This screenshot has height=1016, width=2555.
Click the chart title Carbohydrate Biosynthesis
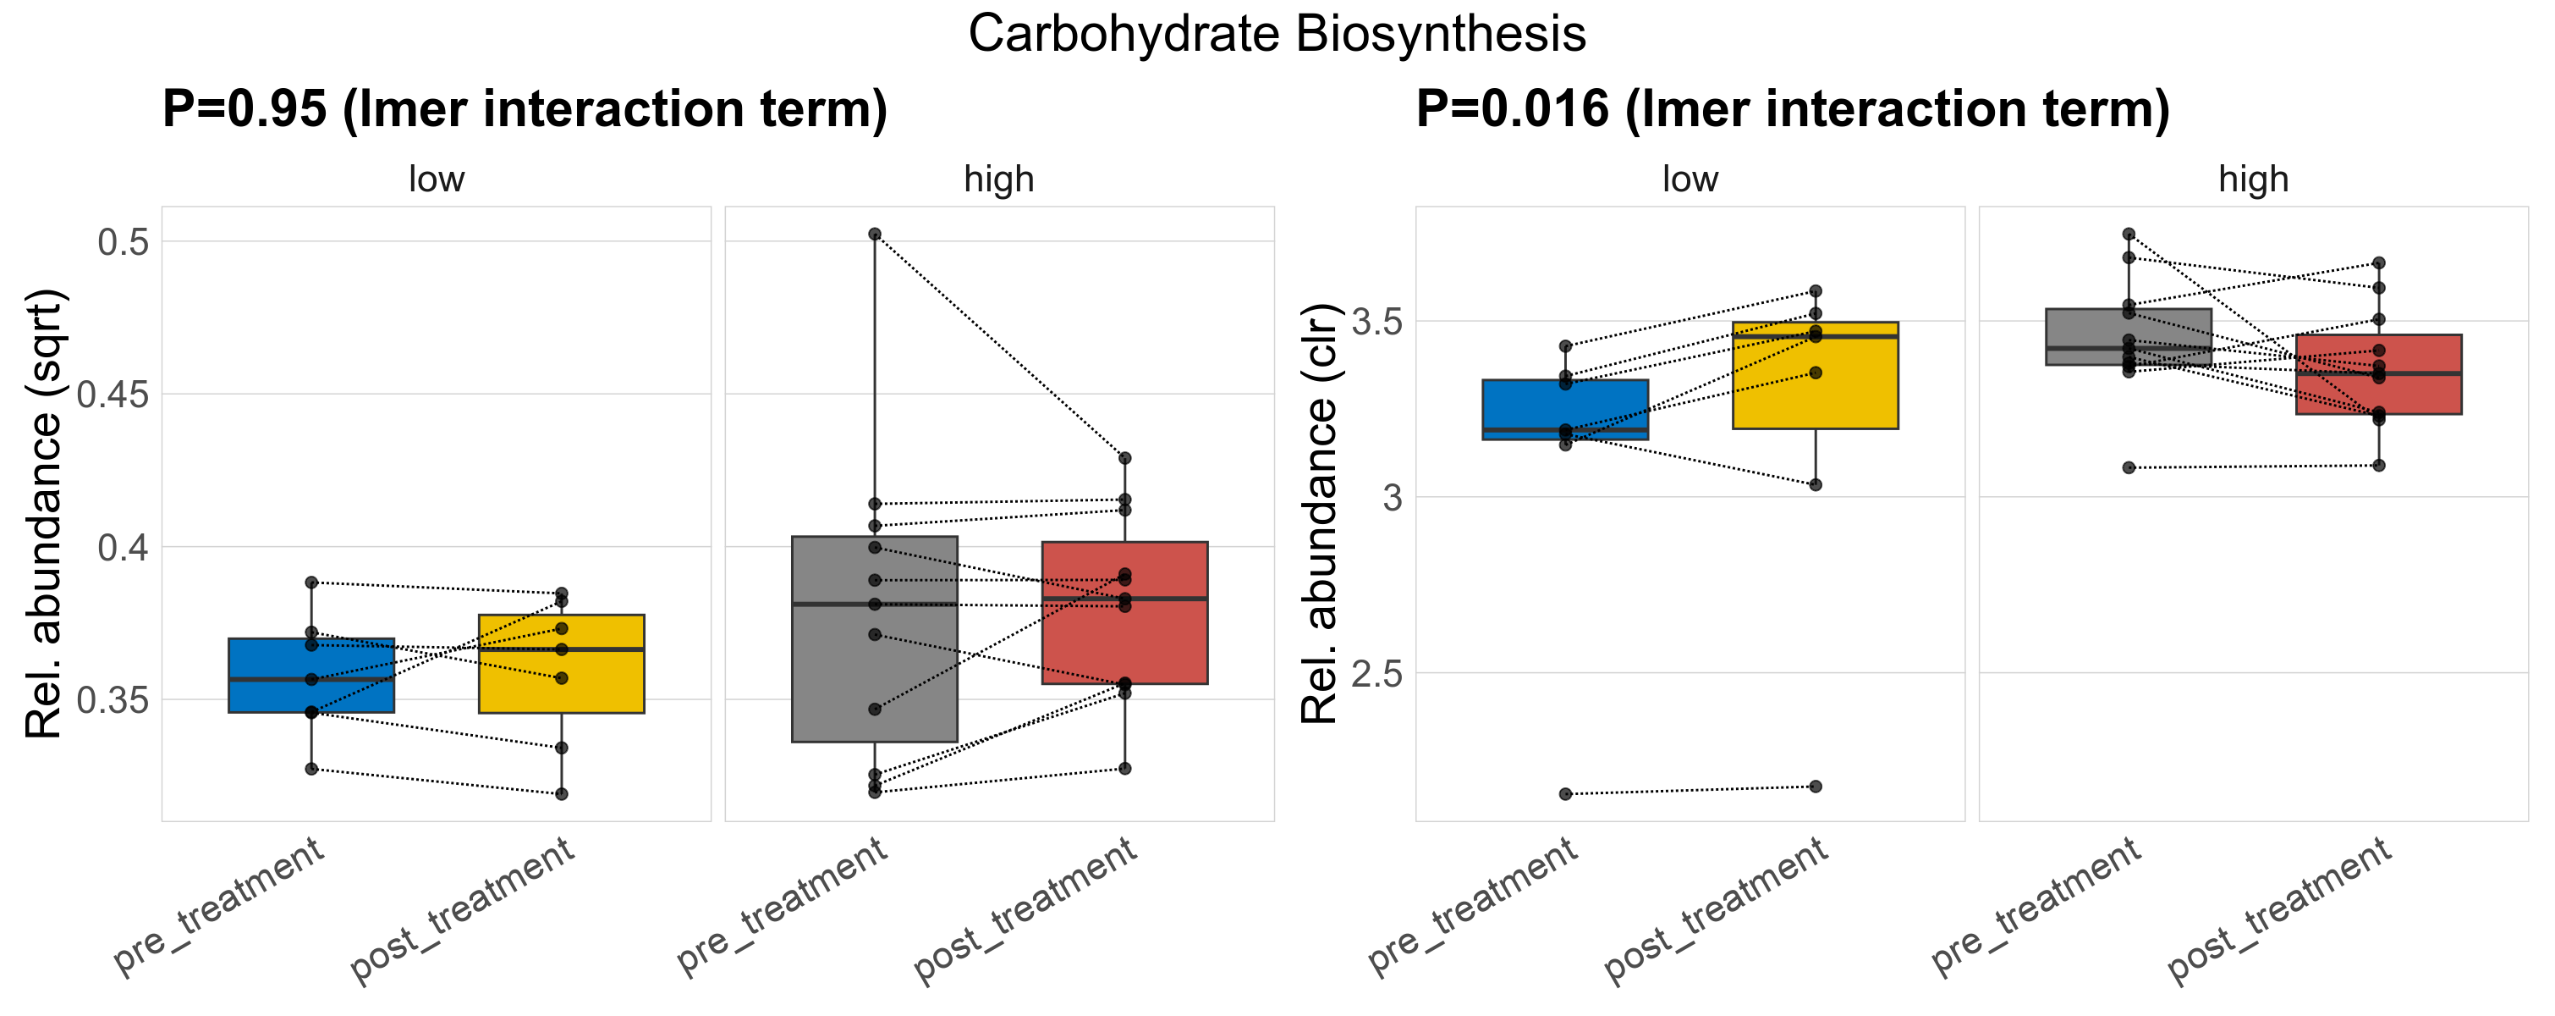tap(1277, 35)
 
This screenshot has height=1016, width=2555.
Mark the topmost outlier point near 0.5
tap(875, 235)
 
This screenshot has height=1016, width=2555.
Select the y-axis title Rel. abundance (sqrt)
tap(44, 514)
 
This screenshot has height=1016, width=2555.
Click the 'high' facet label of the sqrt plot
tap(999, 179)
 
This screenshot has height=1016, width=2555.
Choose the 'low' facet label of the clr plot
tap(1690, 179)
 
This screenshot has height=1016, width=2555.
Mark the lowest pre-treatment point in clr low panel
tap(1565, 794)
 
